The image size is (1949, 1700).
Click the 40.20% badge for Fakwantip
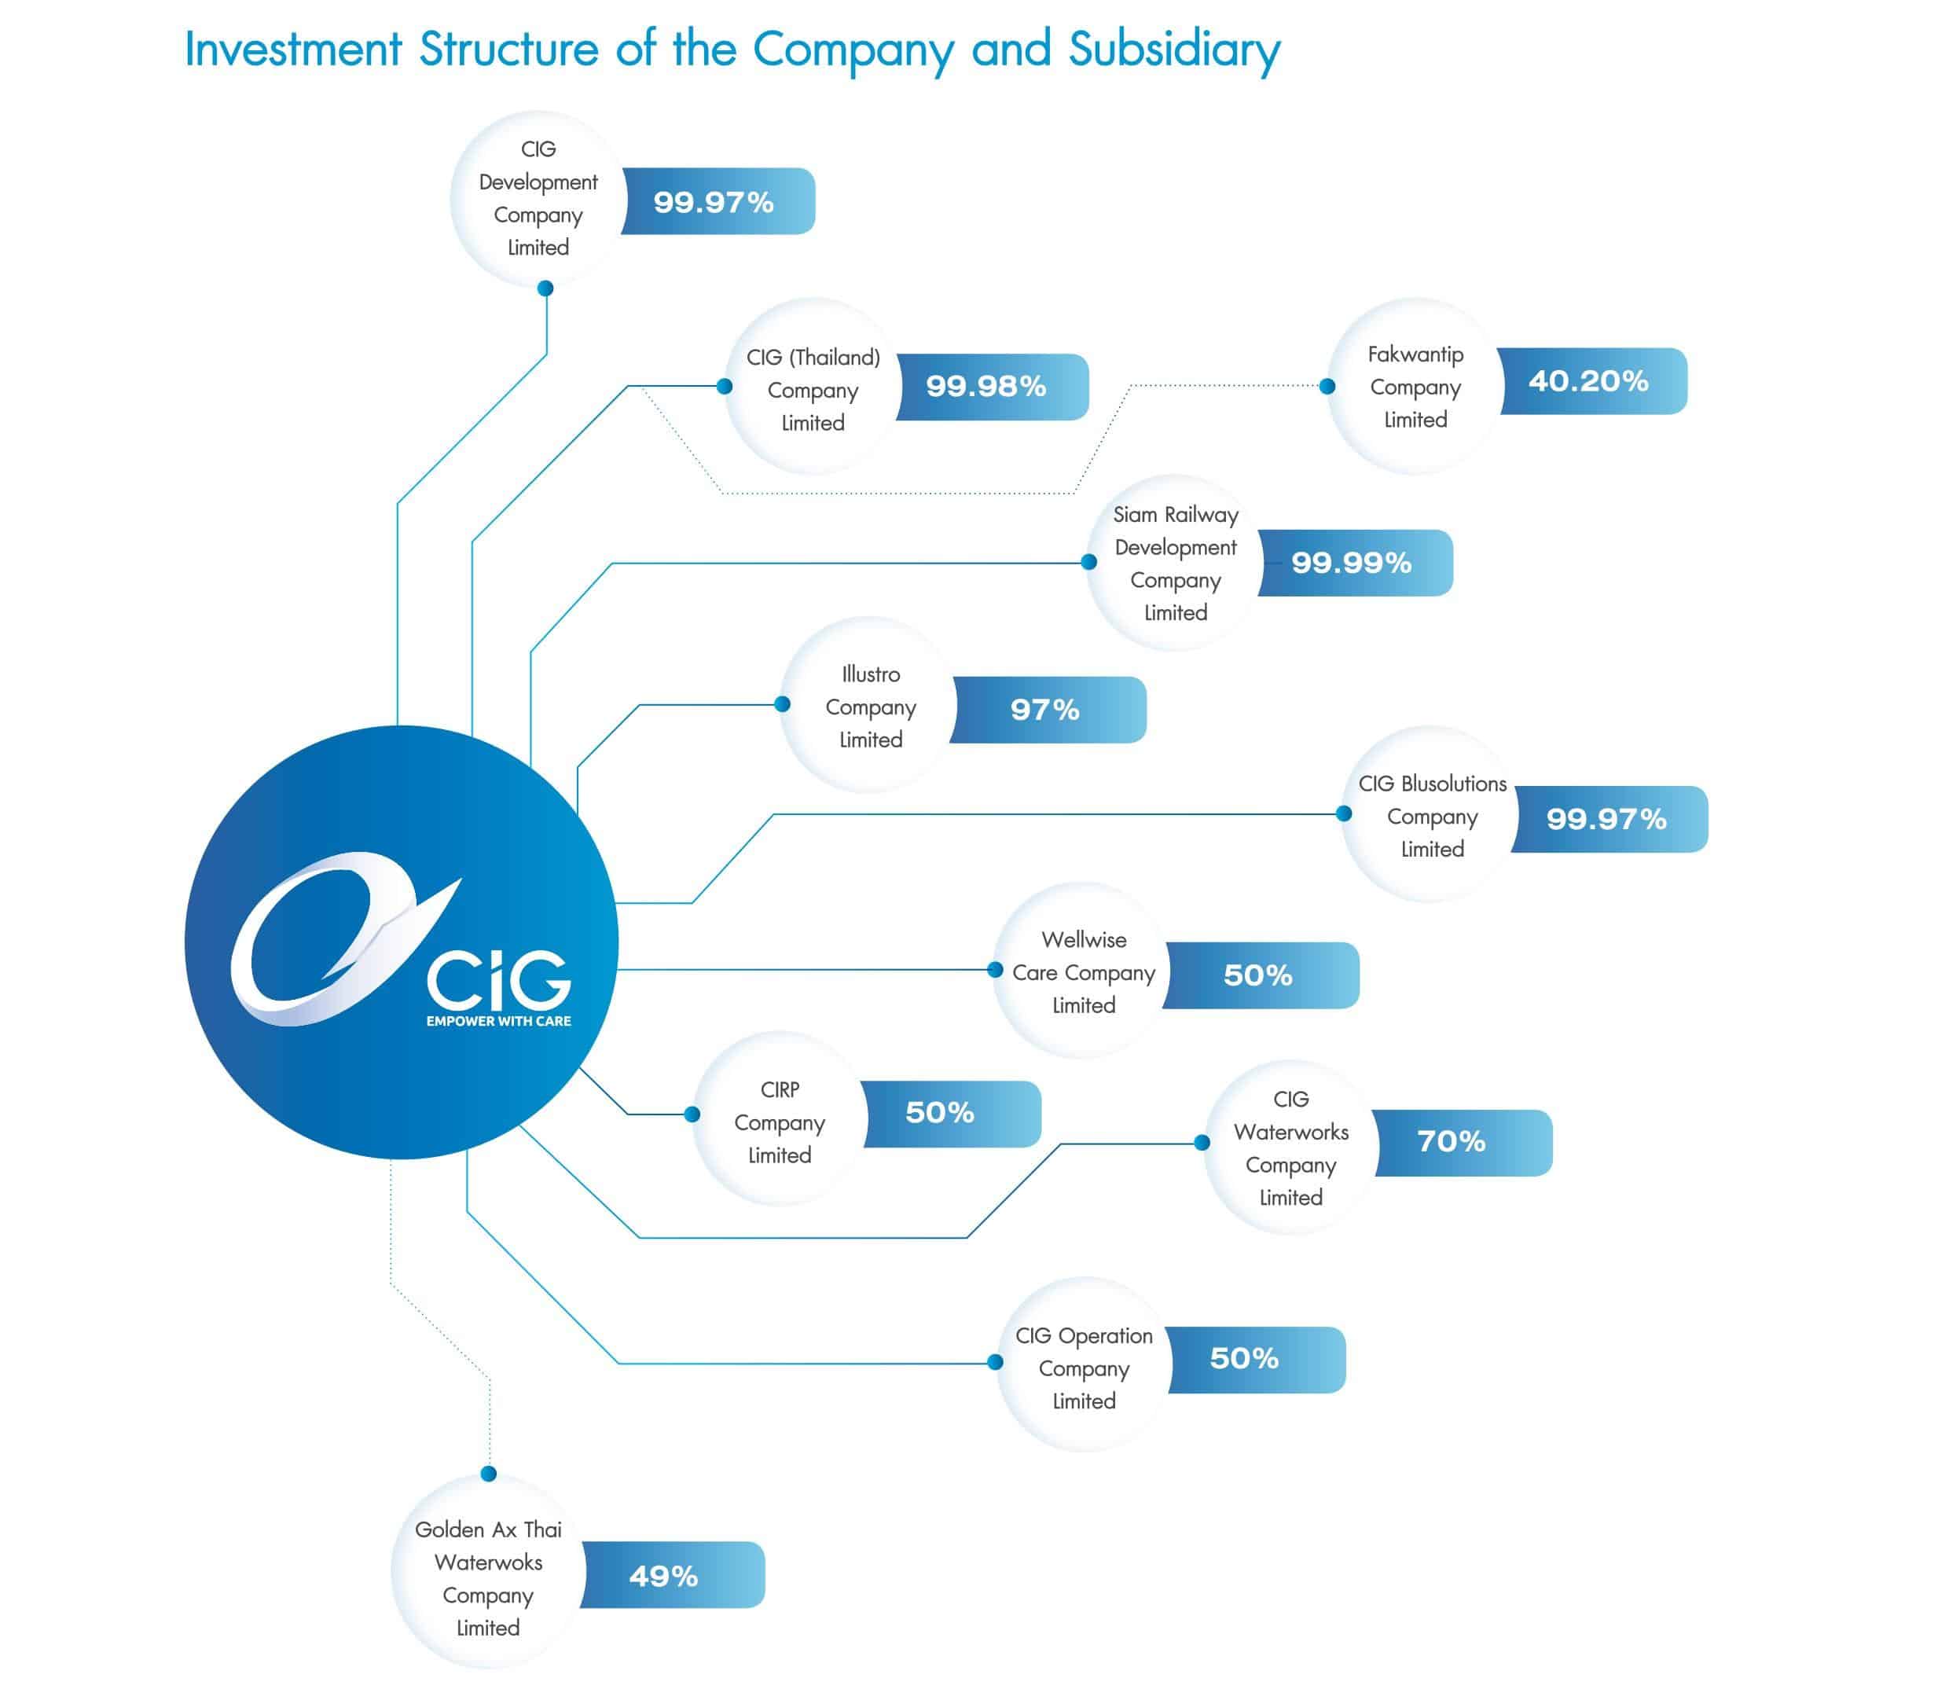pyautogui.click(x=1592, y=381)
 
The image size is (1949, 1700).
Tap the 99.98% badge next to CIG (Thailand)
pyautogui.click(x=992, y=387)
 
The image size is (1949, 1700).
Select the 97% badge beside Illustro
pyautogui.click(x=1048, y=710)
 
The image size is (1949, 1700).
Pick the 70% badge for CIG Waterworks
pyautogui.click(x=1463, y=1143)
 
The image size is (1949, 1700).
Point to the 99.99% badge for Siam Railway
pyautogui.click(x=1356, y=563)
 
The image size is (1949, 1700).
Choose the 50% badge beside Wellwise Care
pyautogui.click(x=1261, y=975)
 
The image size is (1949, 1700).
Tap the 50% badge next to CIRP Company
pyautogui.click(x=952, y=1114)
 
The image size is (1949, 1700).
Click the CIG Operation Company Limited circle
pyautogui.click(x=1084, y=1367)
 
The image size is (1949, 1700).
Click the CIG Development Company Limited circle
pyautogui.click(x=538, y=199)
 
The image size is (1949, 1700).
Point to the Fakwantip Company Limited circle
pyautogui.click(x=1415, y=387)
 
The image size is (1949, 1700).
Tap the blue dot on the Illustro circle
pyautogui.click(x=783, y=704)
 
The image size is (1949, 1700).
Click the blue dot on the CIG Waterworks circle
pyautogui.click(x=1202, y=1142)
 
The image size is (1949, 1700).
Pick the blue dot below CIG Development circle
pyautogui.click(x=545, y=288)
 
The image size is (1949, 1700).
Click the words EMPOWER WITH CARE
pyautogui.click(x=499, y=1021)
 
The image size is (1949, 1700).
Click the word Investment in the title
pyautogui.click(x=294, y=50)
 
